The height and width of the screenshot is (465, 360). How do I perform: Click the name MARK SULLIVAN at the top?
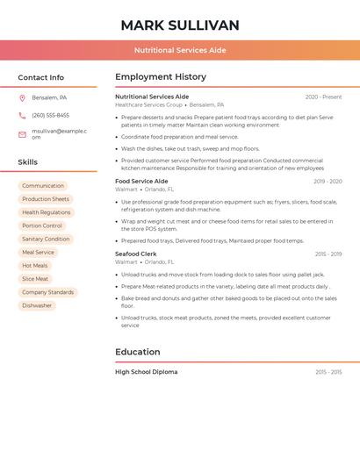tap(180, 25)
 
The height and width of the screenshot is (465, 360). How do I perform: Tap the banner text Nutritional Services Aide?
tap(180, 50)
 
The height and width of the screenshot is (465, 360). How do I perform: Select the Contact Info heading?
tap(40, 77)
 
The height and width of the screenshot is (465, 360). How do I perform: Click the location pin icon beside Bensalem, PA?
tap(22, 97)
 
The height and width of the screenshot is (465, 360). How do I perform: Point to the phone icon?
tap(22, 115)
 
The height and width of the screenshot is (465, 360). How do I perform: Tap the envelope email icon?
tap(22, 134)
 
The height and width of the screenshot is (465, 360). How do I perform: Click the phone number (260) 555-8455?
tap(50, 115)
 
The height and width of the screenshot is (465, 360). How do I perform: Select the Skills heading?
tap(27, 162)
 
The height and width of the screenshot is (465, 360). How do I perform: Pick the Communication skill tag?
tap(43, 186)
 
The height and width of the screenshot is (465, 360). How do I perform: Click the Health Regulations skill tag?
tap(47, 212)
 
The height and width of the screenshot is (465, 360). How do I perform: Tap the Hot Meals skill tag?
tap(35, 266)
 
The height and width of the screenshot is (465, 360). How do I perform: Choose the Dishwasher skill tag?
tap(37, 305)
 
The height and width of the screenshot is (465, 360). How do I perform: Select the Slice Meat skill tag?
tap(35, 279)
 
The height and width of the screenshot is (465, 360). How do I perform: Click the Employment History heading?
tap(161, 76)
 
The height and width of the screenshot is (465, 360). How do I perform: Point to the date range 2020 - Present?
tap(323, 97)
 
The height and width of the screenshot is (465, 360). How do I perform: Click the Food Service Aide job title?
tap(141, 181)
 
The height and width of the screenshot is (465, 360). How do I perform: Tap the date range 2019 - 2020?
tap(328, 181)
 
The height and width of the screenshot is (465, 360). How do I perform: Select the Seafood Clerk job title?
tap(136, 254)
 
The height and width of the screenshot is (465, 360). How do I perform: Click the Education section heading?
tap(138, 352)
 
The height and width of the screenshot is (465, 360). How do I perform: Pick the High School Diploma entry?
tap(146, 372)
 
